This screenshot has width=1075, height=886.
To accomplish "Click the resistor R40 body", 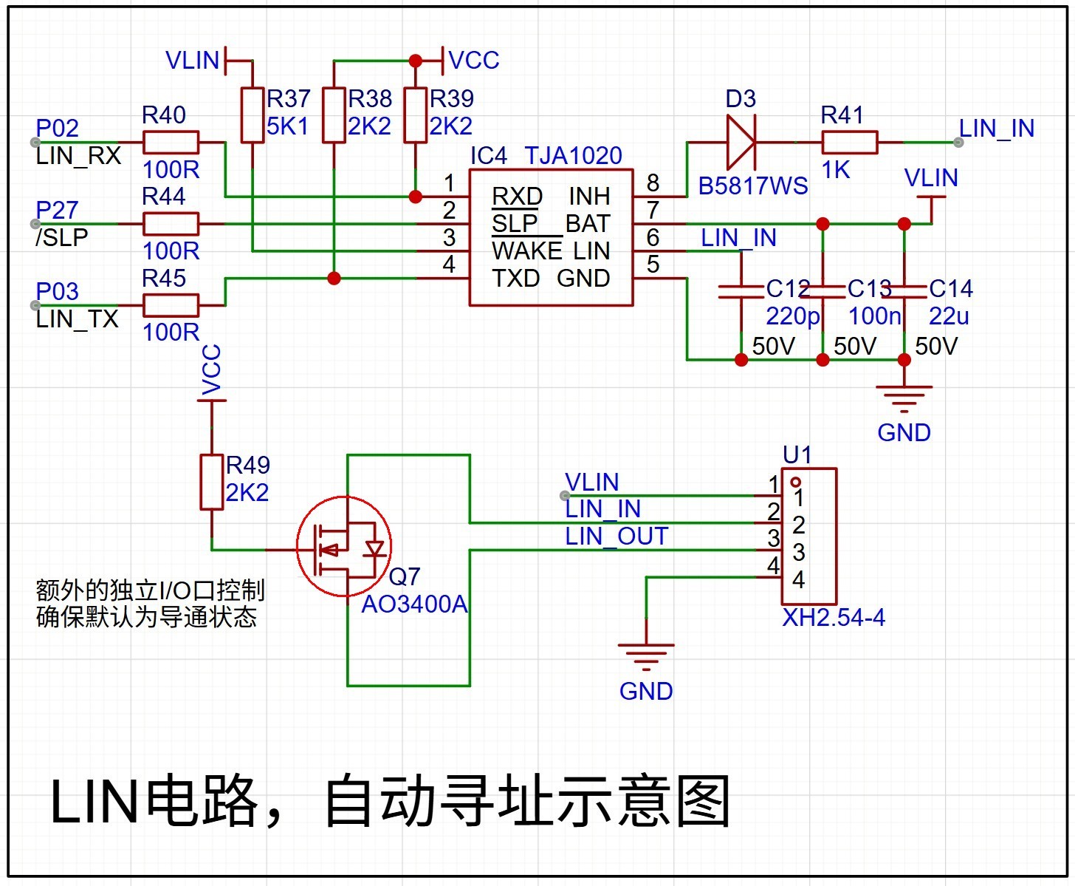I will (171, 143).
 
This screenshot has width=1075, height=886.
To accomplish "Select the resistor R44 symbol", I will (171, 224).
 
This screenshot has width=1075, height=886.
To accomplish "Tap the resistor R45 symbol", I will (171, 305).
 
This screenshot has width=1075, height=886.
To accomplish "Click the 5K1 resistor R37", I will (253, 115).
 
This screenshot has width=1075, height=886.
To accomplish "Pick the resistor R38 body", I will (334, 115).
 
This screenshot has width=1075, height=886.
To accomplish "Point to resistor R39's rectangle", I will (416, 115).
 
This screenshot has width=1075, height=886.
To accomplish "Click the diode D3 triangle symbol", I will (741, 143).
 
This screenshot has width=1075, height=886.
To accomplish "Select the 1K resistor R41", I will (850, 143).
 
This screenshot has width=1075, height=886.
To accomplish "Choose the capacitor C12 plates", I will (741, 291).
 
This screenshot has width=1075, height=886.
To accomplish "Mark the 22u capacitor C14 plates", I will (904, 291).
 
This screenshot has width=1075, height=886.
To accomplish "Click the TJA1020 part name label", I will (573, 156).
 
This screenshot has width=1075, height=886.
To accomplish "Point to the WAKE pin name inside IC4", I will (526, 251).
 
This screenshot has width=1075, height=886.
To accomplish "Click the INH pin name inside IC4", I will (589, 197).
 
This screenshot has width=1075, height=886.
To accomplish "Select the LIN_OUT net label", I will (617, 536).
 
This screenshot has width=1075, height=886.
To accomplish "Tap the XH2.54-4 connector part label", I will (834, 617).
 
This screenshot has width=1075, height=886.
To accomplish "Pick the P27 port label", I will (57, 211).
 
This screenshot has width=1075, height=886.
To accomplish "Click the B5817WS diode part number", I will (753, 186).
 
